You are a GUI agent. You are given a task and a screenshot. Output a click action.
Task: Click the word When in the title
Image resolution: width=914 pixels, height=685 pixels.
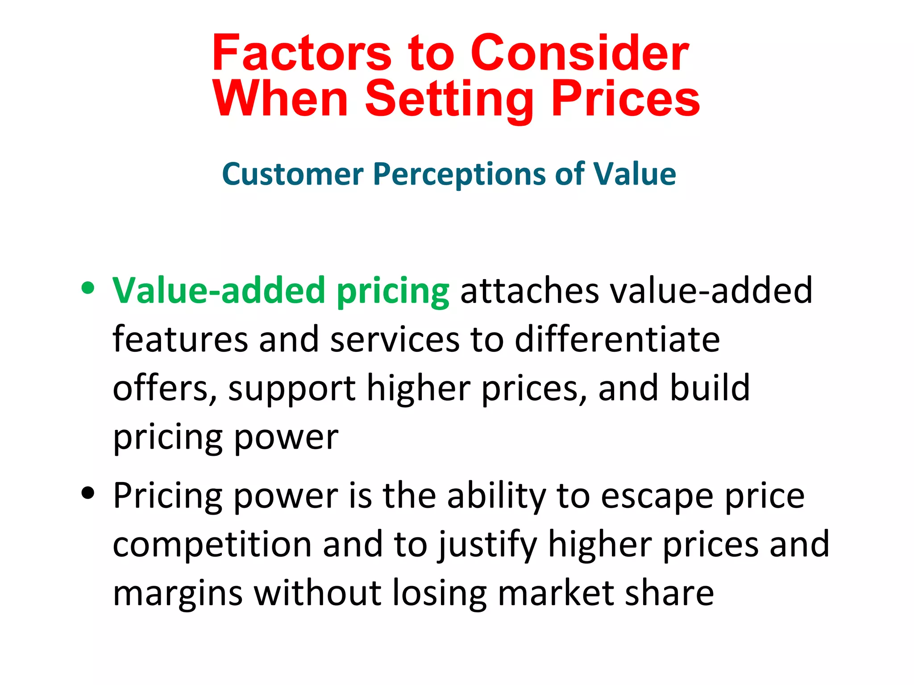[280, 99]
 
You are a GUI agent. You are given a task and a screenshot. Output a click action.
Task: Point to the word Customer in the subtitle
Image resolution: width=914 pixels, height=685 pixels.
[293, 174]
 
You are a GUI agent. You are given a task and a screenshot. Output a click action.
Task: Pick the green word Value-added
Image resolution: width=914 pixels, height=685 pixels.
[219, 291]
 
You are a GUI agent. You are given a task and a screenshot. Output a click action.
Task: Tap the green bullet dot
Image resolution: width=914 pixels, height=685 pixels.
[88, 288]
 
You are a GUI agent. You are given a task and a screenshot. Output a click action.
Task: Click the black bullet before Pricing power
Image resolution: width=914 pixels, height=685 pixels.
[88, 493]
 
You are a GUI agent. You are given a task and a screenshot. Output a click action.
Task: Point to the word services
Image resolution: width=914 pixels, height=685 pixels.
[395, 339]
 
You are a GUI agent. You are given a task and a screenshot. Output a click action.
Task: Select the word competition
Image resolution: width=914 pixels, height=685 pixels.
[212, 545]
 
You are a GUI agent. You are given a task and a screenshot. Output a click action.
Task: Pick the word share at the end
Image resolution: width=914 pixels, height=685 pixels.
[669, 594]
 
